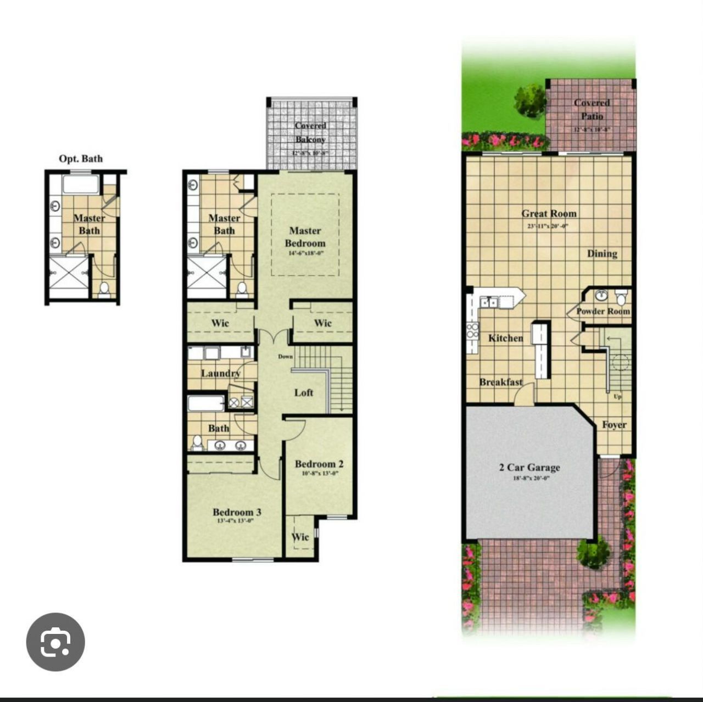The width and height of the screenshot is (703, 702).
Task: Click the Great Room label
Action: point(549,214)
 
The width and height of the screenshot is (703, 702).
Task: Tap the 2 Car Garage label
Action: point(529,468)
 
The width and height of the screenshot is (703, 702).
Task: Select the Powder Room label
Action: point(602,311)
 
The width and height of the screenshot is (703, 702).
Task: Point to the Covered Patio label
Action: point(592,109)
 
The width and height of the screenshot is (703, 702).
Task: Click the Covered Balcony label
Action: point(310,133)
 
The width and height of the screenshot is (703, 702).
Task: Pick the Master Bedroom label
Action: point(305,237)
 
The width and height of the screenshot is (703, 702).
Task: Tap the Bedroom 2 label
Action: point(319,464)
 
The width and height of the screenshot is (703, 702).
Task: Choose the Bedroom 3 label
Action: point(237,512)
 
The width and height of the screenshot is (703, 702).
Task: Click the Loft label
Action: point(304,392)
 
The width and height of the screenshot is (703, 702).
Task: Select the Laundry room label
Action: point(220,373)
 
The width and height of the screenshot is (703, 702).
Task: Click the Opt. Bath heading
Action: point(81,159)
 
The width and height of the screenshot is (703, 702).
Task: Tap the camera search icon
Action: point(55,642)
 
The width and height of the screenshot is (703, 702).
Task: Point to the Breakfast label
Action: point(500,382)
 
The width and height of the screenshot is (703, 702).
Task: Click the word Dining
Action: point(602,254)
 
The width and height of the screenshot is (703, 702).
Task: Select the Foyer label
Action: point(613,425)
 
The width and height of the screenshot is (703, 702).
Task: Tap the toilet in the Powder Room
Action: point(621,297)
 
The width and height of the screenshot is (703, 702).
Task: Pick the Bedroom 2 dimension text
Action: point(319,474)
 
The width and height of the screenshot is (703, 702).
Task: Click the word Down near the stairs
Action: point(286,357)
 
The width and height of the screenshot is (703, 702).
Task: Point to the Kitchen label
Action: point(505,338)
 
